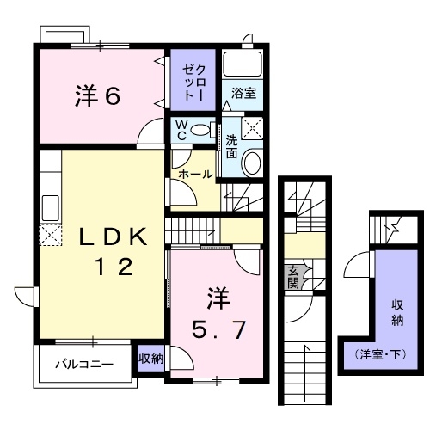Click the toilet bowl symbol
tap(203, 130)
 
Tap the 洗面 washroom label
tap(232, 146)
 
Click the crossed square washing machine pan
tap(252, 129)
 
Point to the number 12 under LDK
tap(113, 267)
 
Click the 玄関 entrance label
tap(293, 276)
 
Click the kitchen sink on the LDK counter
tap(50, 207)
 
